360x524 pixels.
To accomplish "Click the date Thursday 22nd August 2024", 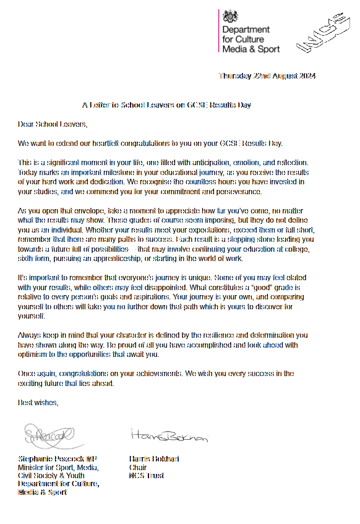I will point(267,77).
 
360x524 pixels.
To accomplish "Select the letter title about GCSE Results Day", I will point(166,105).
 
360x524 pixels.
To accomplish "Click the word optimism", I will point(36,354).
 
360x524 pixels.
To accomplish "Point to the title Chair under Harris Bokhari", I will point(137,468).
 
